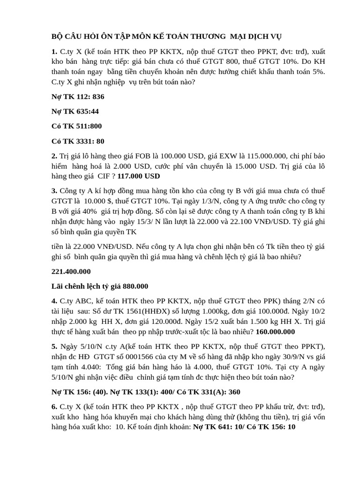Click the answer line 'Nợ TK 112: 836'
click(78, 97)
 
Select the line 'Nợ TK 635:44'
click(75, 111)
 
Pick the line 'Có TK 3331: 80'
click(78, 141)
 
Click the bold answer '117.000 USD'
click(138, 176)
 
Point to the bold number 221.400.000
click(71, 271)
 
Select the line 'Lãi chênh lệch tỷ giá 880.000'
click(99, 286)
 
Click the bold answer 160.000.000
click(276, 332)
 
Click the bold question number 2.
click(54, 156)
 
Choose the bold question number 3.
click(54, 191)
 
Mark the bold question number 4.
click(54, 300)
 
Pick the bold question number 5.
click(54, 346)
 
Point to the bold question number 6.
click(54, 406)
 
